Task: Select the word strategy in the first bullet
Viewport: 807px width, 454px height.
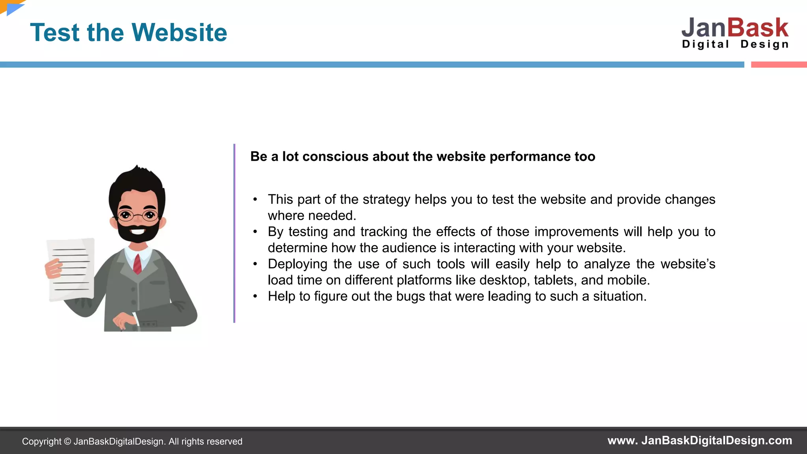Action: point(387,199)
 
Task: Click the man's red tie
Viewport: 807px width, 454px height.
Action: point(137,264)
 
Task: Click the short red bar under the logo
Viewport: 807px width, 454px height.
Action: point(779,65)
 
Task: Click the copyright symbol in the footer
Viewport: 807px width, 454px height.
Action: point(67,442)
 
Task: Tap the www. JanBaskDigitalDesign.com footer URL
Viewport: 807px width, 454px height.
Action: point(699,441)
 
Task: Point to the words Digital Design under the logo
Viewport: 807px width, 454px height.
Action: point(735,44)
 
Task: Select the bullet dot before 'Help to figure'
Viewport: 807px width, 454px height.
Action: point(255,296)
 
